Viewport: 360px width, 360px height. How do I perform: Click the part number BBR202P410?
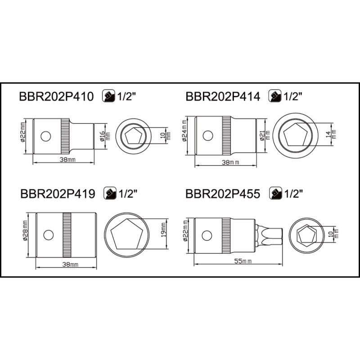pyautogui.click(x=57, y=96)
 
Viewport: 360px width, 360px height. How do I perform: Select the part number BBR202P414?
pyautogui.click(x=223, y=96)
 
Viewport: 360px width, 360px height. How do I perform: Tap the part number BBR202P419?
pyautogui.click(x=58, y=194)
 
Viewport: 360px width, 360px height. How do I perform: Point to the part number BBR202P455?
pyautogui.click(x=223, y=194)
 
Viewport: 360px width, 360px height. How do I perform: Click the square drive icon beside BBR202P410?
pyautogui.click(x=108, y=96)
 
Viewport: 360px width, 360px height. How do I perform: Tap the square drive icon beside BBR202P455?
pyautogui.click(x=275, y=193)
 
